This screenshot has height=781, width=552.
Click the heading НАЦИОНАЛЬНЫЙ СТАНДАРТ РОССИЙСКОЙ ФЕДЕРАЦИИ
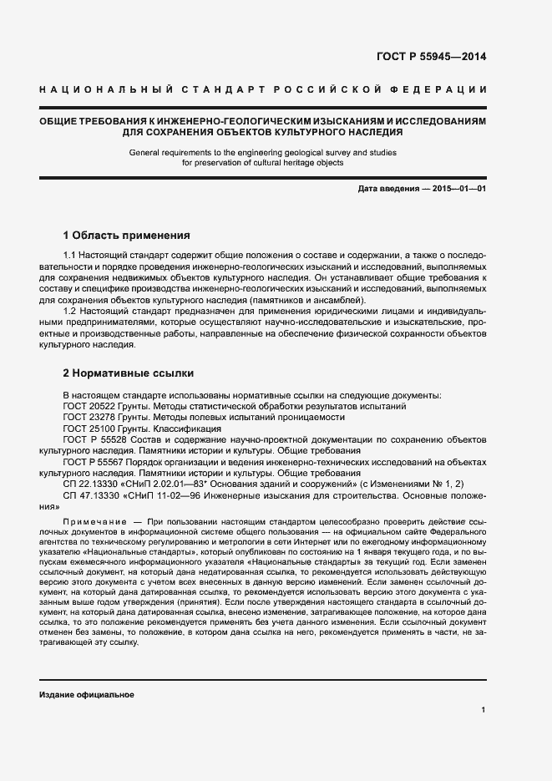tap(263, 89)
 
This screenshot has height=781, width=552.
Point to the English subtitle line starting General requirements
tap(262, 153)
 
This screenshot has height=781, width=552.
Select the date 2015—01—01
tap(458, 190)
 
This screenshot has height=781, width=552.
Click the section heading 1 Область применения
tap(127, 235)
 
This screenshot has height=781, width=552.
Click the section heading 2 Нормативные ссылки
tap(128, 373)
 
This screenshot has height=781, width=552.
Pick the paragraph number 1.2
tap(71, 312)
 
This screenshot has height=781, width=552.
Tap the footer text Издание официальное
tap(87, 695)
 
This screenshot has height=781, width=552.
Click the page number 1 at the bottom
tap(484, 710)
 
